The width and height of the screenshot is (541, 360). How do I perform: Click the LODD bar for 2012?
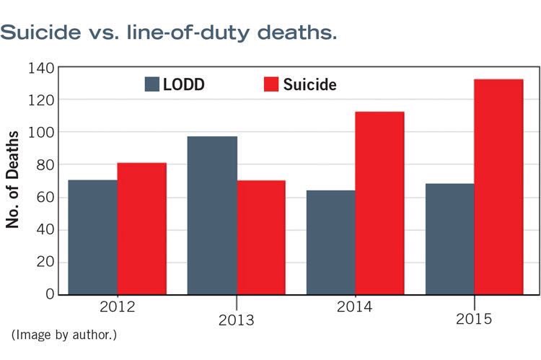coord(93,237)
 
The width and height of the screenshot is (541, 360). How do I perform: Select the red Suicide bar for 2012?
coord(142,229)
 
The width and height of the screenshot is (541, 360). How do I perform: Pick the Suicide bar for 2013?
coord(261,237)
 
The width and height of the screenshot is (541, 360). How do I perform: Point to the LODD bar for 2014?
coord(331,242)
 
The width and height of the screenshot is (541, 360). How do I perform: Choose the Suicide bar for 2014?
coord(379,203)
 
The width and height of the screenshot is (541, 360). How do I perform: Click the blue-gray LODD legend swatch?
coord(152,84)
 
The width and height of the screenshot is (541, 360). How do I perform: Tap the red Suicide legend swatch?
coord(270,84)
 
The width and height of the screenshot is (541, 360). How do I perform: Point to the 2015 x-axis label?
coord(474,320)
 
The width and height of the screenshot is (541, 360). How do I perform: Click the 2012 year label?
coord(118,307)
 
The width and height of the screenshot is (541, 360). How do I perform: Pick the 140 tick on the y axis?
coord(40,69)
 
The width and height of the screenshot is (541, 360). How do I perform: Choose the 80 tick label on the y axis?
coord(44,166)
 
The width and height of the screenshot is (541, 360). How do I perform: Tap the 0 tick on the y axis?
coord(50,294)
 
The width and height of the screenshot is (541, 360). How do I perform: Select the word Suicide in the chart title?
coord(45,33)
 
